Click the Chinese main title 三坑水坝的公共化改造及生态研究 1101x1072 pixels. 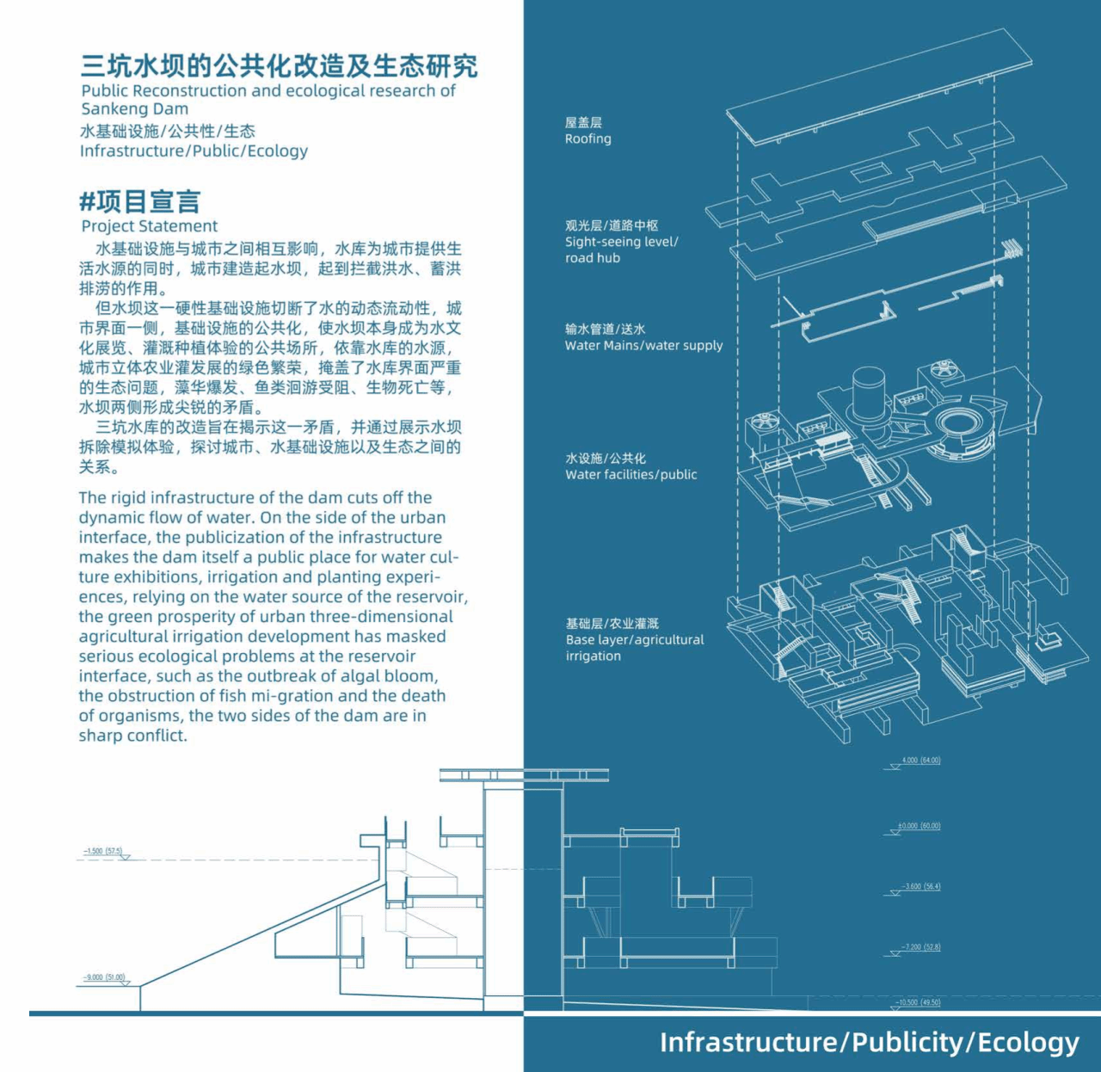point(279,65)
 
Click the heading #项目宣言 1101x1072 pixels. point(139,201)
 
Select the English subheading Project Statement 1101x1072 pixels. point(150,226)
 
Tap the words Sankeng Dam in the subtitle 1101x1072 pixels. point(134,109)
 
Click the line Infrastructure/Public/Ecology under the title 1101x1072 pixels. point(194,151)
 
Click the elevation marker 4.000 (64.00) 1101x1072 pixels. point(920,761)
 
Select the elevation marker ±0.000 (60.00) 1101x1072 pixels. point(919,826)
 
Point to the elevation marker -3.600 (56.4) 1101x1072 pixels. point(920,886)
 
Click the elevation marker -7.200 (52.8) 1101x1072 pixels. point(920,947)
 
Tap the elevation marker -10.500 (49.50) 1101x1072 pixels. point(918,1002)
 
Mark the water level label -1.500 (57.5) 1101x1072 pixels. point(103,851)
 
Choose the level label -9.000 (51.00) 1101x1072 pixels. point(104,977)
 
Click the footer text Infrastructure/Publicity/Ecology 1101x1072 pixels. point(869,1043)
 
